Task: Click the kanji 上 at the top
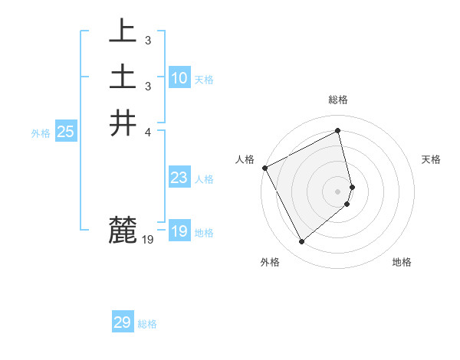point(123,31)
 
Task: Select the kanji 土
point(123,77)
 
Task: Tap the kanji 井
point(123,123)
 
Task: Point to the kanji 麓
point(123,230)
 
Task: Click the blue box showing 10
point(179,78)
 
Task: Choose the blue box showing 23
point(179,178)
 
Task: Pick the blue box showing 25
point(66,132)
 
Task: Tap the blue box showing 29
point(123,322)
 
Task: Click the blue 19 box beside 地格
point(179,231)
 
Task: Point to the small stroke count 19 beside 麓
point(148,240)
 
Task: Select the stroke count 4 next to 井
point(148,132)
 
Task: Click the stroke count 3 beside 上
point(147,40)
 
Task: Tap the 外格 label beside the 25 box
point(41,133)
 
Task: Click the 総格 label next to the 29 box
point(147,324)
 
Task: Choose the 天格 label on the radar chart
point(432,159)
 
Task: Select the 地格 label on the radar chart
point(402,262)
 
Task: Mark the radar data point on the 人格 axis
point(264,168)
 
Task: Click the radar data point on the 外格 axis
point(301,242)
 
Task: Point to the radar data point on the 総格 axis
point(338,130)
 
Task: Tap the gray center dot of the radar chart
point(338,191)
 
